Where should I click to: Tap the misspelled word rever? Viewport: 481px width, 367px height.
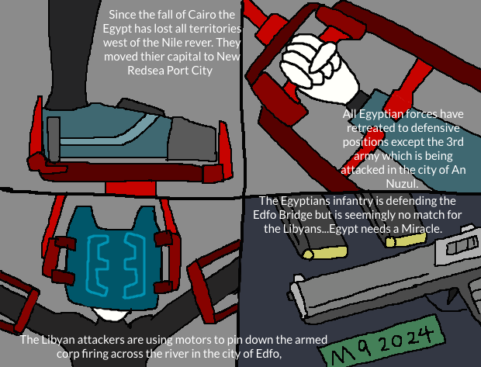tap(198, 43)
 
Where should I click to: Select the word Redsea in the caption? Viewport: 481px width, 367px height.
tap(146, 71)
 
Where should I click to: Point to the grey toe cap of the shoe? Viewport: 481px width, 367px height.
tap(192, 140)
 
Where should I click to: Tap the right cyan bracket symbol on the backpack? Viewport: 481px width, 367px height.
tap(134, 265)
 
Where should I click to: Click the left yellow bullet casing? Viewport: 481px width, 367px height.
tap(325, 252)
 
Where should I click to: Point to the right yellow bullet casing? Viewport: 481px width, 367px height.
tap(406, 240)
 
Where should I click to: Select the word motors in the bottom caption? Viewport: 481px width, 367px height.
tap(191, 340)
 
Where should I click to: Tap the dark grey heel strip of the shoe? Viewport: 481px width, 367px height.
tap(54, 139)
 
